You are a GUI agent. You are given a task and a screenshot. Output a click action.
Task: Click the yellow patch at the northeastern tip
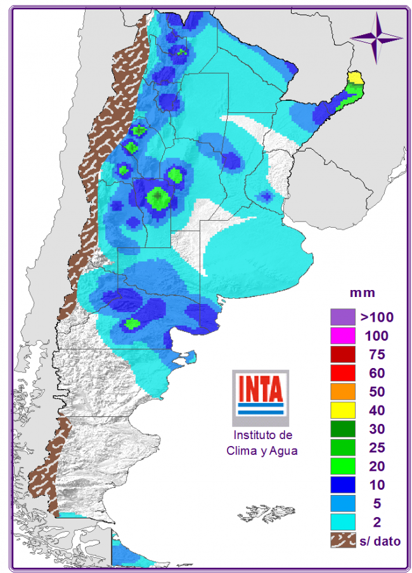click(x=356, y=78)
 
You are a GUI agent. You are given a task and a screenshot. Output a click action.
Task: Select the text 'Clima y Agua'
click(x=262, y=451)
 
